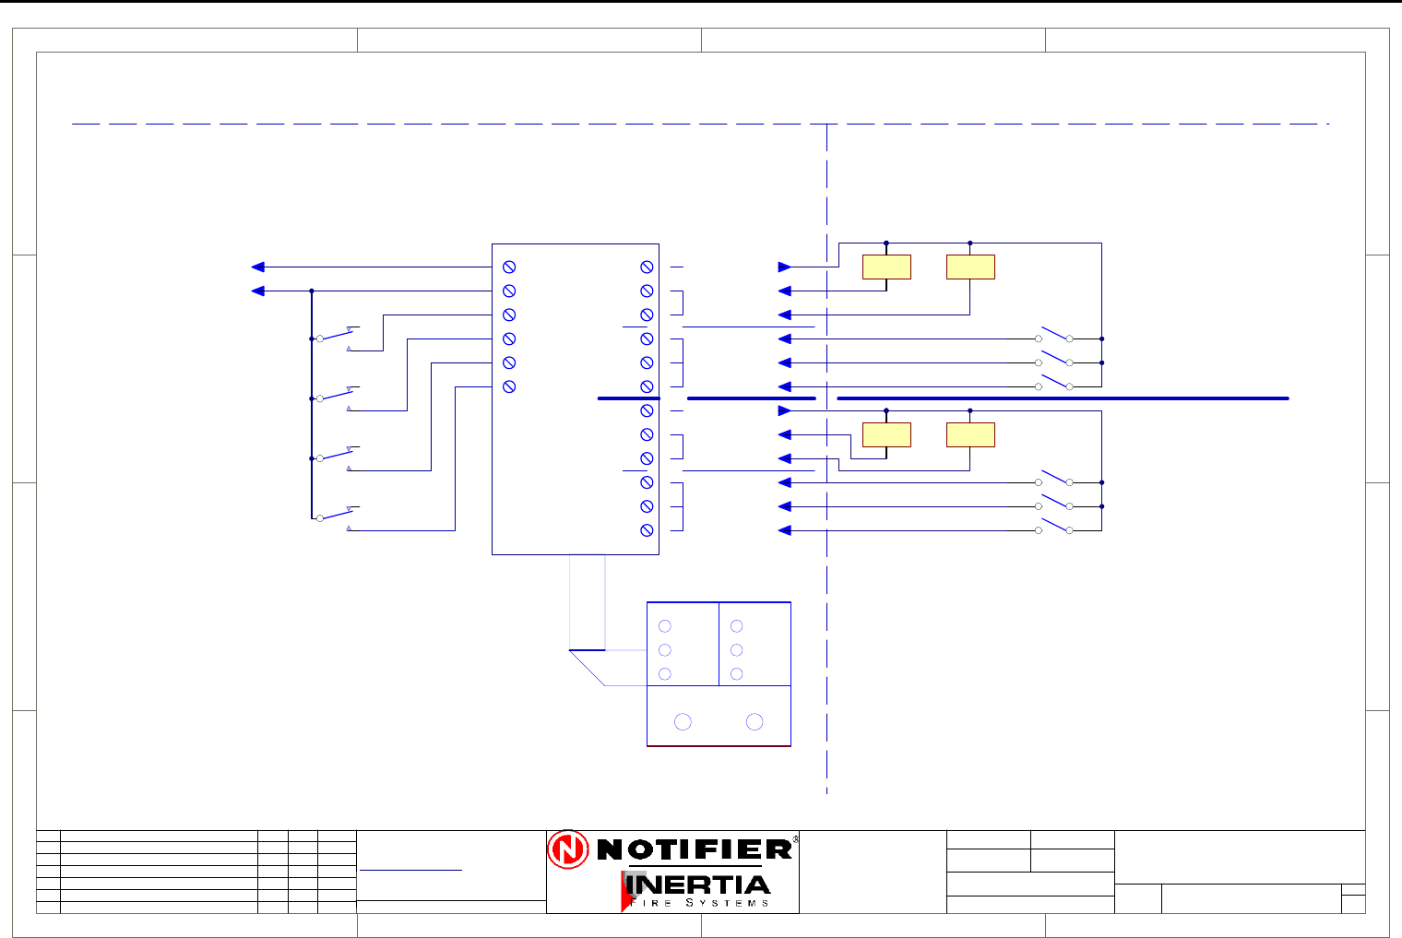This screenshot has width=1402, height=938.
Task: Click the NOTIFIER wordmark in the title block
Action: (x=695, y=849)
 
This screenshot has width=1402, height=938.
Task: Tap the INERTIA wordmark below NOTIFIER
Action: (x=698, y=885)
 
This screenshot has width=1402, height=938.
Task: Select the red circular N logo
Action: (x=567, y=849)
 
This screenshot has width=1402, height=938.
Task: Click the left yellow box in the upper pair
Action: (x=886, y=267)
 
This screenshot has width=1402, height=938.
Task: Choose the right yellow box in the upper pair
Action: (x=970, y=267)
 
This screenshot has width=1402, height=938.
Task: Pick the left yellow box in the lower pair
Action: (x=886, y=434)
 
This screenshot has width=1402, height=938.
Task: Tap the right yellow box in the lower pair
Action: (x=970, y=434)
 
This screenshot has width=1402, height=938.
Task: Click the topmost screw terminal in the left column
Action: (x=509, y=267)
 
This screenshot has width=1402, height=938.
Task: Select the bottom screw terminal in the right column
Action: (x=647, y=530)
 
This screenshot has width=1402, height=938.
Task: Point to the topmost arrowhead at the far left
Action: (x=258, y=267)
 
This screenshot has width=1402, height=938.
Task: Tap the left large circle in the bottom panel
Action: (x=683, y=721)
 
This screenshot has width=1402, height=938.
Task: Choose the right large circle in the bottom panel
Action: (x=754, y=721)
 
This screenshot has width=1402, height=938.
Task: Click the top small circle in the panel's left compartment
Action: (x=664, y=626)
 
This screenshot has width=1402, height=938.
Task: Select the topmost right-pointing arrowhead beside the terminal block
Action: (x=785, y=267)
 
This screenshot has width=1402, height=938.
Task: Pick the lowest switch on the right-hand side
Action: (x=1054, y=528)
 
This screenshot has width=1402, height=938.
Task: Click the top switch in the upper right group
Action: (x=1054, y=335)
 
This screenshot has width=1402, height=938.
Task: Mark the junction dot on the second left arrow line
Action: (x=312, y=291)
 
